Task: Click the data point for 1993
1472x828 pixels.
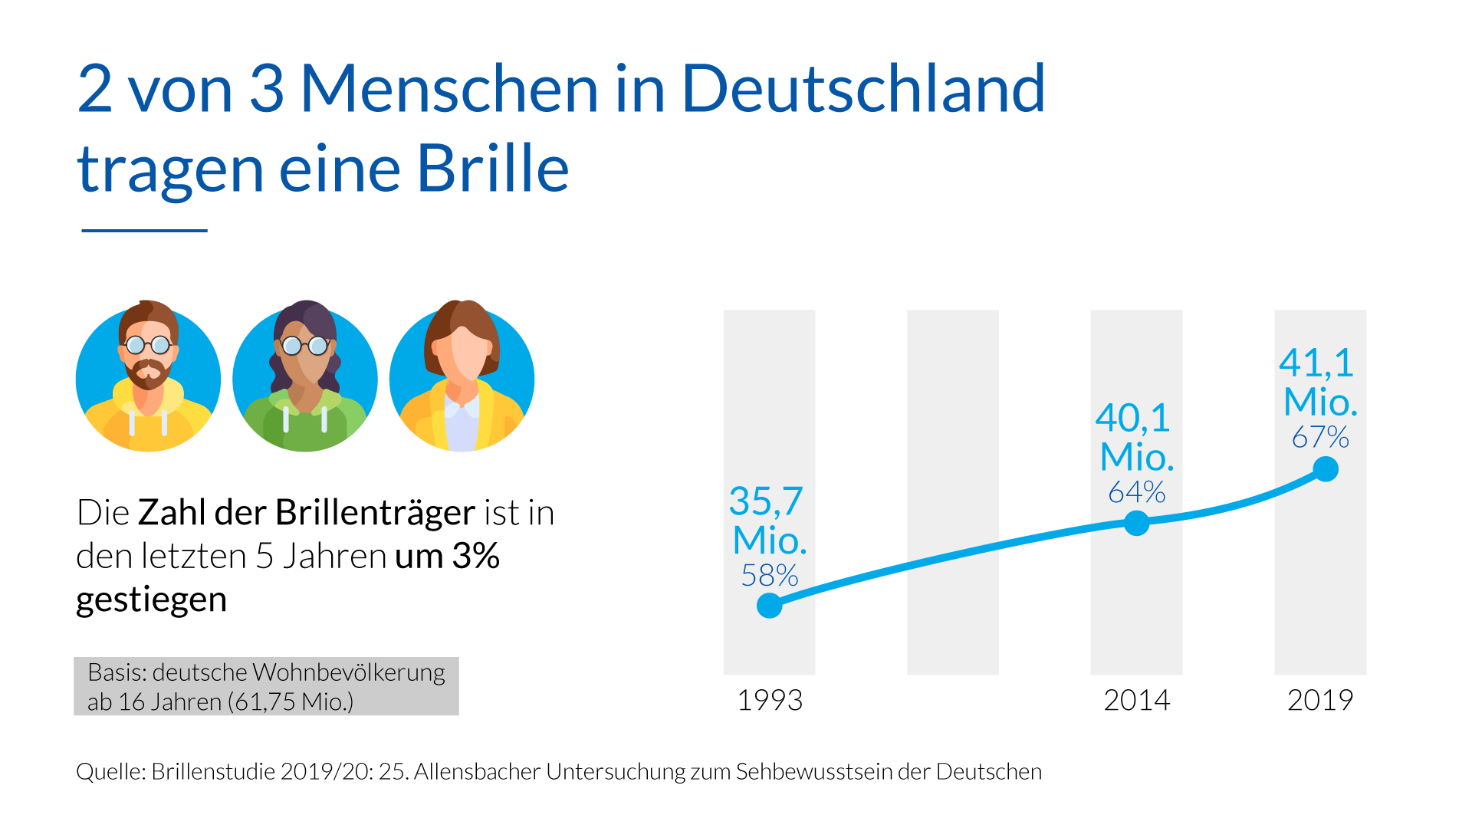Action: [769, 606]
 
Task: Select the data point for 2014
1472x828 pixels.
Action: [1136, 523]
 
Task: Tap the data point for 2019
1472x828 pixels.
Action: [1326, 468]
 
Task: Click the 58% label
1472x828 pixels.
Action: [769, 575]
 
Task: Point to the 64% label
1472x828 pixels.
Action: [1136, 491]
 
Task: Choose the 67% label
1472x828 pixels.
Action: [1319, 437]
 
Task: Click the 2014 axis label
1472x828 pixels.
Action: [1136, 700]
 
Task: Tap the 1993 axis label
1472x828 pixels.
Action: [769, 700]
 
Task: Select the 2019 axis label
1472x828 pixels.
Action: [1319, 700]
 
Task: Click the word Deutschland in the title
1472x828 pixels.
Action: [863, 89]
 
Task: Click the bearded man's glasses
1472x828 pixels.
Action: [148, 345]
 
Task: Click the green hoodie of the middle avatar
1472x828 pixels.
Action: [305, 426]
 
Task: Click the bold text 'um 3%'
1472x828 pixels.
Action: [447, 556]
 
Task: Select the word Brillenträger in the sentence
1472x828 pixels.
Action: [375, 512]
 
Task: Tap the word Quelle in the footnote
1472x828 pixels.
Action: [110, 771]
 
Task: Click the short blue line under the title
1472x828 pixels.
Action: [144, 230]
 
